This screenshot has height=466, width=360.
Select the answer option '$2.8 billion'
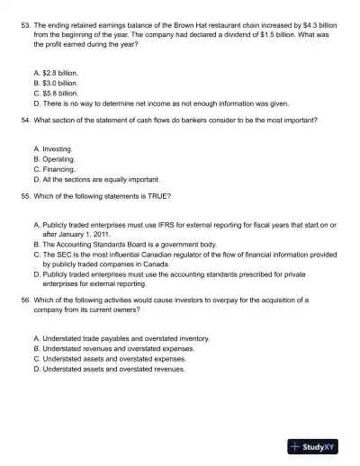tap(60, 73)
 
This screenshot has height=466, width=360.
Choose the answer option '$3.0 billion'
tap(60, 83)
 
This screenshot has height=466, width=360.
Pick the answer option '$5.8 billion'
tap(60, 93)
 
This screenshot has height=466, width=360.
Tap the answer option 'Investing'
tap(58, 148)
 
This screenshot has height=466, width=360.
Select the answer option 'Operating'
tap(58, 158)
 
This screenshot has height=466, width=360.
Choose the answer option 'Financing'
tap(58, 168)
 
